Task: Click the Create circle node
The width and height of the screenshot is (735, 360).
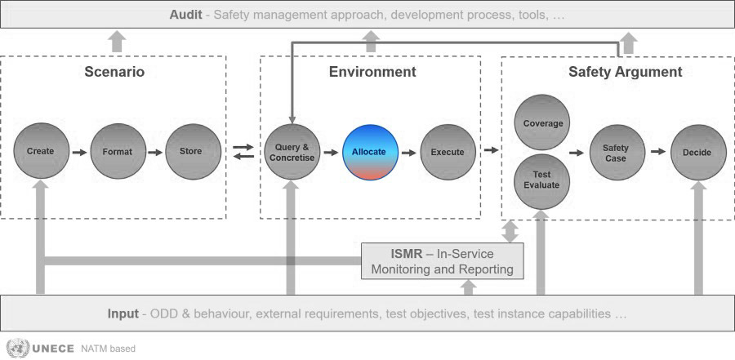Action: pos(41,151)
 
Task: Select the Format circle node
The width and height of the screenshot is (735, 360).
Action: pos(118,151)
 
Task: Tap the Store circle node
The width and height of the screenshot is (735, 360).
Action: pos(193,151)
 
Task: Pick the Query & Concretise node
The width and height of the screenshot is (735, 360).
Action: pos(292,152)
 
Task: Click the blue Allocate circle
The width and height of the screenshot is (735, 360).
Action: pos(370,153)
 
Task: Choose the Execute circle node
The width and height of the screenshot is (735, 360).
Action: pos(448,153)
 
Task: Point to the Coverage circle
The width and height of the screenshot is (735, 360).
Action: pos(542,122)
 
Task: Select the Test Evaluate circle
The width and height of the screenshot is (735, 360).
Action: pos(542,182)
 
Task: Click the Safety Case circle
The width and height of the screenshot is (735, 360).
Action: pos(617,153)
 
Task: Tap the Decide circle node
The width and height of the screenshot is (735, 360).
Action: pos(698,153)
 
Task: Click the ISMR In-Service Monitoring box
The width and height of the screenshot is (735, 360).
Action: pos(443,261)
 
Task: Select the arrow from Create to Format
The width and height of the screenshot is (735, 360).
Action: pos(80,153)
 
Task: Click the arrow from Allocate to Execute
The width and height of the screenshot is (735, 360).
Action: pos(409,153)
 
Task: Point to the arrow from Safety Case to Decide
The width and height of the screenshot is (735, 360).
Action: pos(658,151)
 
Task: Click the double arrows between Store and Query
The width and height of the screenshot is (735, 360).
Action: pos(243,152)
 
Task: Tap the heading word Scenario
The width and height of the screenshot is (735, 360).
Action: pos(114,72)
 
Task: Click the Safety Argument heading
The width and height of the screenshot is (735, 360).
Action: pos(626,72)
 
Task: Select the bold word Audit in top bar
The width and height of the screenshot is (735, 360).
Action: pos(185,15)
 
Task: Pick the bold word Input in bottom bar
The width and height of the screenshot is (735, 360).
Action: pos(122,313)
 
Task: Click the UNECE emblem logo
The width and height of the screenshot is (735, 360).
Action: pos(18,348)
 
